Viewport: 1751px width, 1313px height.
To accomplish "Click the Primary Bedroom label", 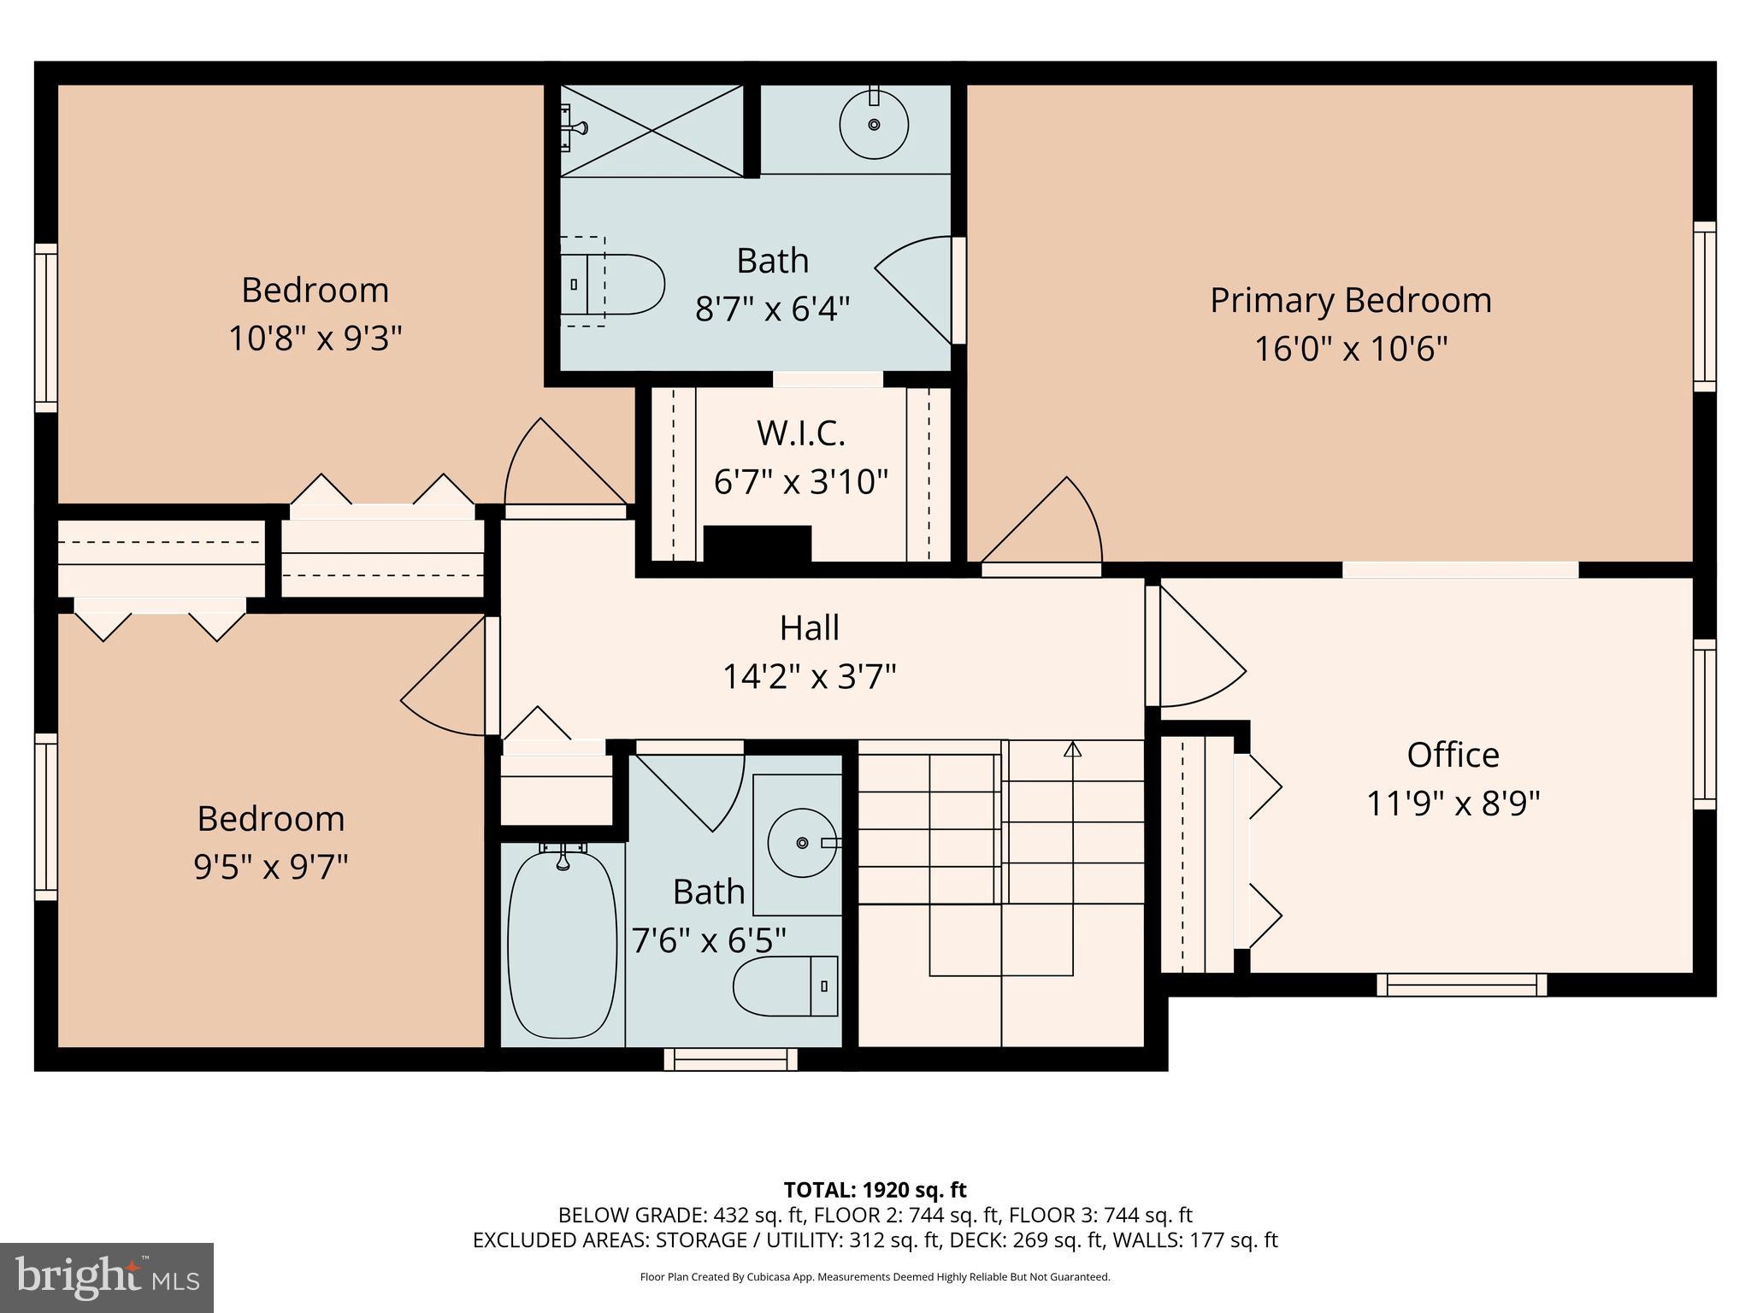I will (x=1350, y=301).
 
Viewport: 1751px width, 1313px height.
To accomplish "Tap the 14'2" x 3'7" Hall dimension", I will (x=809, y=677).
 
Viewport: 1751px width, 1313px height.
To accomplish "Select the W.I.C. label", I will (x=800, y=433).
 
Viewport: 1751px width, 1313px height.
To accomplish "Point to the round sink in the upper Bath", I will (x=873, y=125).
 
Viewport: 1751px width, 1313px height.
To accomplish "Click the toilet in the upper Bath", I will (x=612, y=283).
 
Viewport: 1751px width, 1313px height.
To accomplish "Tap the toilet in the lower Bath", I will (x=785, y=986).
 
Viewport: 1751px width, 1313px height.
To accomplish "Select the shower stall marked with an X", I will (x=651, y=131).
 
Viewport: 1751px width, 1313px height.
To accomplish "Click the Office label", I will (x=1453, y=755).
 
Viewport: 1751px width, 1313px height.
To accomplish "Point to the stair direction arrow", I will (x=1072, y=750).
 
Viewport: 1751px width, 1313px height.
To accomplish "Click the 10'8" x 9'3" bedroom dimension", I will (x=315, y=339).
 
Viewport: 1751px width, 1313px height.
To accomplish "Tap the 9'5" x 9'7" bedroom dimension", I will (x=270, y=867).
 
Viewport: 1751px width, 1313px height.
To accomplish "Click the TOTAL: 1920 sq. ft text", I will (x=875, y=1189).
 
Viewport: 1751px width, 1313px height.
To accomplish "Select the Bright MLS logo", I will (x=106, y=1277).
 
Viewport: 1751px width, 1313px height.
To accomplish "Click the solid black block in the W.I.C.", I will (x=757, y=544).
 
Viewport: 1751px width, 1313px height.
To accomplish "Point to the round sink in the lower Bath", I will (x=801, y=843).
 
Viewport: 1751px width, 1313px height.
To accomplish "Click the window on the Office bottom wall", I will (x=1461, y=985).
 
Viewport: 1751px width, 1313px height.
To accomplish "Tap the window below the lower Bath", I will (x=730, y=1059).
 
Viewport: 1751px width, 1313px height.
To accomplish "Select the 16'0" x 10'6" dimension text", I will (x=1350, y=349).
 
